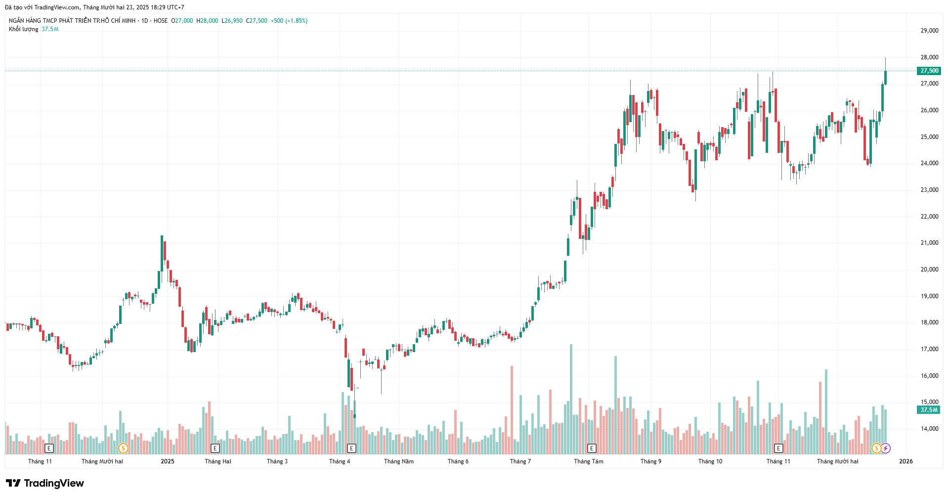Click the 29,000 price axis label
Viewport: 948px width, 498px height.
[x=929, y=31]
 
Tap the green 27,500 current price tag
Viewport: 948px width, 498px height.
[x=929, y=71]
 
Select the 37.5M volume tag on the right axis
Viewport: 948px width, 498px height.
[x=929, y=410]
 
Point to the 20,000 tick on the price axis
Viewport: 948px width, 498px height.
[x=929, y=270]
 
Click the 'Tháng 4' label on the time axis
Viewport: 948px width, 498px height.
[x=340, y=461]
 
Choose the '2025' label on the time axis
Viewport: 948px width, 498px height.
[x=168, y=461]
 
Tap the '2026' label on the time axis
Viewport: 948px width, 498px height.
[x=906, y=461]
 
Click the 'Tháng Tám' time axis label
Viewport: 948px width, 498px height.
[x=589, y=461]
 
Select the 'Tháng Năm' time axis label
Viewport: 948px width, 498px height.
[x=399, y=461]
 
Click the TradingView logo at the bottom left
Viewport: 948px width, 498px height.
[x=45, y=483]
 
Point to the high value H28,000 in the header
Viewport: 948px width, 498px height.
[x=207, y=21]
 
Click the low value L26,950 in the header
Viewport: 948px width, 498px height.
[x=232, y=21]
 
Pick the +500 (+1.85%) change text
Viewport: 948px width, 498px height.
[x=289, y=21]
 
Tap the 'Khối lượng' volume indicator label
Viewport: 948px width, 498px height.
[x=23, y=29]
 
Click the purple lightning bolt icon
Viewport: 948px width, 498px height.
[x=886, y=449]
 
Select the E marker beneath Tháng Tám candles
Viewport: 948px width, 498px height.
[x=592, y=449]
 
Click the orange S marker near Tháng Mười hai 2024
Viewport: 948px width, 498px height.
[x=123, y=449]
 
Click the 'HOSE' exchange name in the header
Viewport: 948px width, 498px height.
[x=161, y=21]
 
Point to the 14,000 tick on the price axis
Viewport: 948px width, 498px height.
[x=929, y=429]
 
